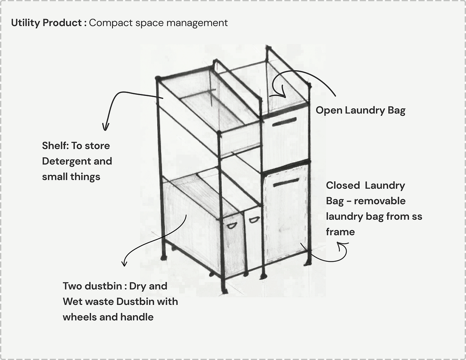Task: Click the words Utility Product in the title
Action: (46, 23)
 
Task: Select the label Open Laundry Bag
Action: (360, 111)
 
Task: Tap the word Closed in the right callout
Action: (343, 186)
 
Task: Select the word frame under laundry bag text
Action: (340, 232)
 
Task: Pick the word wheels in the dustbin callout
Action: (79, 317)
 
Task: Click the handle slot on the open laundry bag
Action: (284, 122)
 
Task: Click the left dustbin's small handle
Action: (231, 225)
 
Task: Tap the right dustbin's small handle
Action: (254, 220)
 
